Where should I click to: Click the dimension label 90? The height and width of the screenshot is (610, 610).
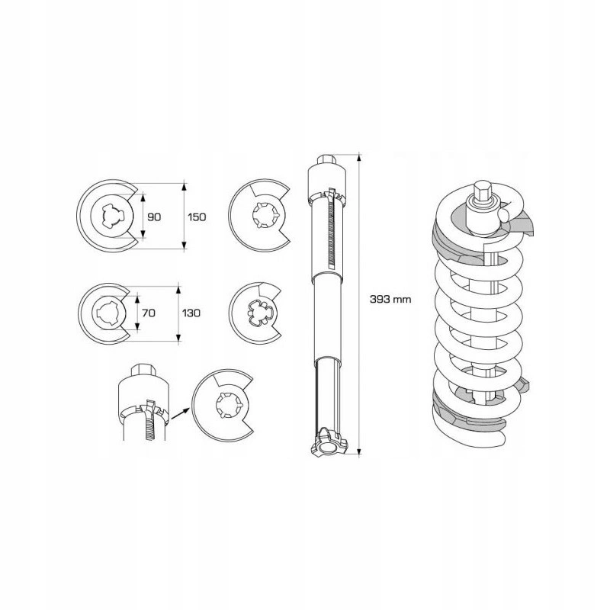(x=154, y=217)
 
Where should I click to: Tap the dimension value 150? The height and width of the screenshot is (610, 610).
(x=197, y=217)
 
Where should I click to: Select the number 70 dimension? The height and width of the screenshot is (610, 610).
(x=149, y=313)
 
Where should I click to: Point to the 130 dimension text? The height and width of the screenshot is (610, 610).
(x=191, y=313)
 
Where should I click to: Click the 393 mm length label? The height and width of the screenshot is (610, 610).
(x=390, y=299)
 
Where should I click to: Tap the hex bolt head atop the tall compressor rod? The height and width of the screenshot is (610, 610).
(x=326, y=159)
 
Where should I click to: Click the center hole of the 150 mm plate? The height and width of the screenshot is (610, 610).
(x=112, y=215)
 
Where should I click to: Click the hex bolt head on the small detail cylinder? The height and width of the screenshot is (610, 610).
(x=144, y=370)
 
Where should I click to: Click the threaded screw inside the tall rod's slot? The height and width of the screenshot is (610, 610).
(x=332, y=230)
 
